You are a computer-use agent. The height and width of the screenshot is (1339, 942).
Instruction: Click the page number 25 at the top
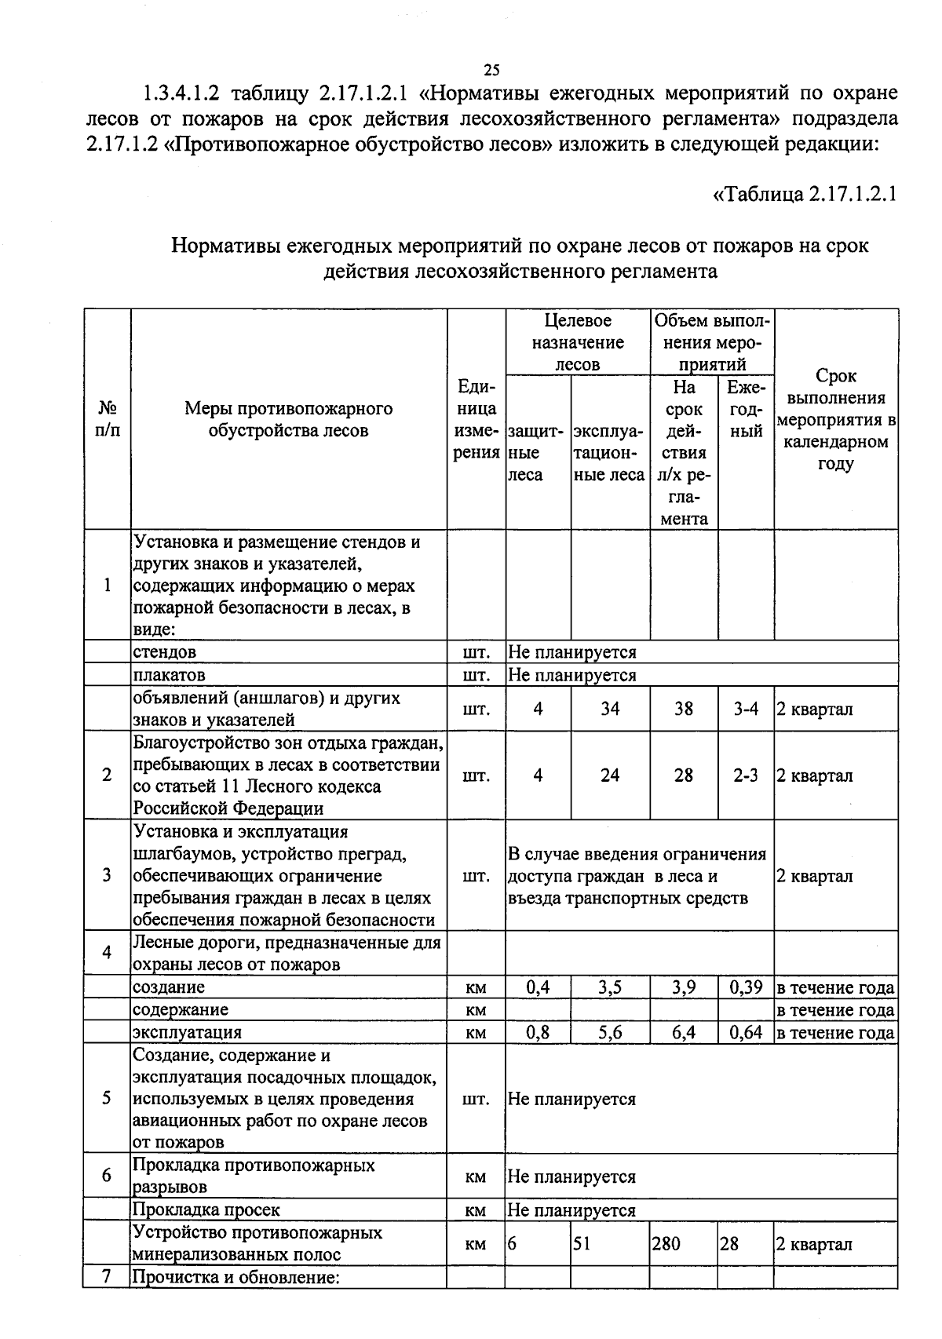pos(491,70)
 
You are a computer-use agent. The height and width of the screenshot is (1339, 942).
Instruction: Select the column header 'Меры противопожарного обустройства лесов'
pos(288,419)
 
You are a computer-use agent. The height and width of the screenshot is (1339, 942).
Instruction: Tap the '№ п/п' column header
pos(108,419)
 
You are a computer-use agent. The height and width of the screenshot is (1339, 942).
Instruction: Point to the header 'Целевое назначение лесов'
pos(577,342)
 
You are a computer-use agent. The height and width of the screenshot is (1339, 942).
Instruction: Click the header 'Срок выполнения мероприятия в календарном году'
pos(836,419)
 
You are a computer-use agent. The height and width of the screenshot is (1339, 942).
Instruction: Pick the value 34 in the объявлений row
pos(610,709)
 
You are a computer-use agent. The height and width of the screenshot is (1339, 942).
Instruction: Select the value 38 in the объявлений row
pos(684,709)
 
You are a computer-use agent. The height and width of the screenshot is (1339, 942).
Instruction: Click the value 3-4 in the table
pos(746,709)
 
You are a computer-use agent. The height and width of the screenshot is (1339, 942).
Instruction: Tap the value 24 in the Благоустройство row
pos(610,775)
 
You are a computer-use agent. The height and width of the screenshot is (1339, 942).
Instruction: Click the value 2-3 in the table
pos(746,775)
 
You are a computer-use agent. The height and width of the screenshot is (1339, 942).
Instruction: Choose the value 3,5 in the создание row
pos(610,987)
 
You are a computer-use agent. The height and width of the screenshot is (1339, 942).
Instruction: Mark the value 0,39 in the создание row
pos(746,987)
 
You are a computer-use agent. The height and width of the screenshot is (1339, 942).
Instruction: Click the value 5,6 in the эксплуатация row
pos(610,1032)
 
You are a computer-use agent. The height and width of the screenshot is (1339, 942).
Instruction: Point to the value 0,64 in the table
pos(746,1032)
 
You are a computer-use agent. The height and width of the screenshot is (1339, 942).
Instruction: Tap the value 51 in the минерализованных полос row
pos(582,1244)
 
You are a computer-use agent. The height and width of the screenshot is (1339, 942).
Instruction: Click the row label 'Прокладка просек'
pos(206,1210)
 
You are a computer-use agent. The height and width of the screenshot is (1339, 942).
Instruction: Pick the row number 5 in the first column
pos(107,1098)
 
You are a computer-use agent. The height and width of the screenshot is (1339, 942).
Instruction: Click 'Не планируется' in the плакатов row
pos(572,675)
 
